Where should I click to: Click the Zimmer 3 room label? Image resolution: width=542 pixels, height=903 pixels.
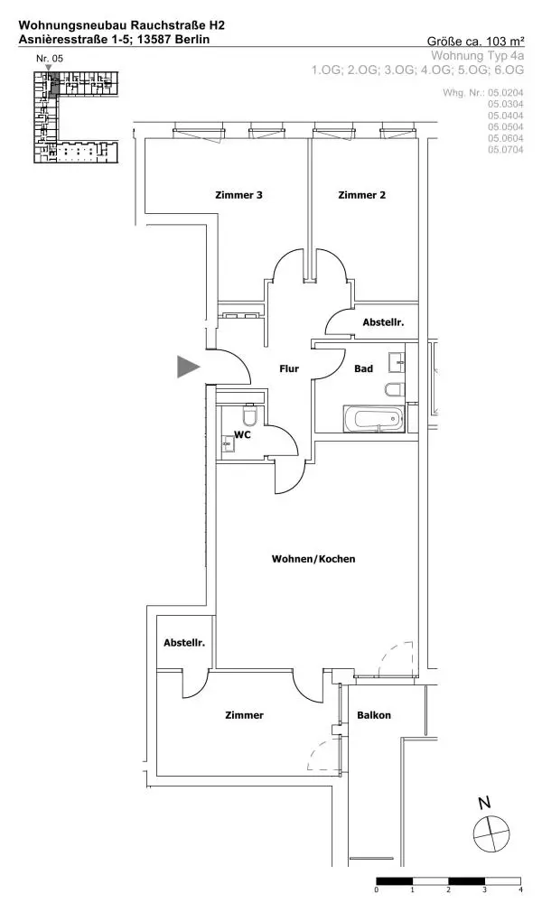click(x=239, y=195)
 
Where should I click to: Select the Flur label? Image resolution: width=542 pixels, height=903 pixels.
click(x=288, y=368)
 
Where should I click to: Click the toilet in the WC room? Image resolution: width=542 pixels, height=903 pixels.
click(x=250, y=416)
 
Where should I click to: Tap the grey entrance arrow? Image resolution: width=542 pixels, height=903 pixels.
click(x=188, y=366)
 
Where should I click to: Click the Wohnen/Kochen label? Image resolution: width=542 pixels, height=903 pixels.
click(x=313, y=559)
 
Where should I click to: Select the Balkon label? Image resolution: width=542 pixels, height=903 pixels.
click(x=374, y=715)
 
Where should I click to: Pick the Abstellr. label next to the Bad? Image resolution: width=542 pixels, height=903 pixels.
click(x=382, y=322)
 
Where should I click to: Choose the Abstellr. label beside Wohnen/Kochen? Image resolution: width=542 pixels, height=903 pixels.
click(x=184, y=643)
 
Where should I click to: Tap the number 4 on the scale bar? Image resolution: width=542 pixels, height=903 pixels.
click(x=521, y=890)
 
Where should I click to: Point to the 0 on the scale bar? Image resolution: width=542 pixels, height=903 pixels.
click(x=376, y=890)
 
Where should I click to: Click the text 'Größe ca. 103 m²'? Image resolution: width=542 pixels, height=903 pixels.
click(x=475, y=41)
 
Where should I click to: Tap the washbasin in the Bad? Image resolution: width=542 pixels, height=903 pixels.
click(x=397, y=363)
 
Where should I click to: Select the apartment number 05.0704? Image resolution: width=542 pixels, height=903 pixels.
click(x=506, y=150)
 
